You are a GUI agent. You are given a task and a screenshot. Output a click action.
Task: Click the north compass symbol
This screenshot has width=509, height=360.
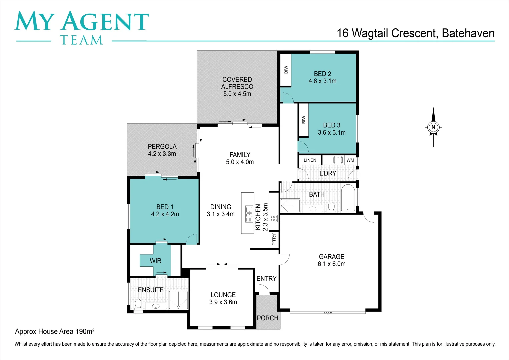coord(433,127)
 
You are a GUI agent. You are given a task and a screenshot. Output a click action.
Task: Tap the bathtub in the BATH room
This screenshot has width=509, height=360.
coord(348,198)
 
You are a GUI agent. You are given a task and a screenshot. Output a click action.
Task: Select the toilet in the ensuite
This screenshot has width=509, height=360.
coord(138,304)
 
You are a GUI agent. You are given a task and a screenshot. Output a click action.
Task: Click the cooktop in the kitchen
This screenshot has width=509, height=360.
coord(274,218)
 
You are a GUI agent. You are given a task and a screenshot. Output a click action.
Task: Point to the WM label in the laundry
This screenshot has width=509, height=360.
coord(350,160)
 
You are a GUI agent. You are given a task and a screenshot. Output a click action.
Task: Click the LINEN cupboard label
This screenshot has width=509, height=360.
coord(310,160)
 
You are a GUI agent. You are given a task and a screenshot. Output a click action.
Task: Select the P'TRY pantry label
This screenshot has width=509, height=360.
coord(274,239)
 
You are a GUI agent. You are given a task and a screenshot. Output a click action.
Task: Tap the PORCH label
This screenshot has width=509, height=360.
coord(267,318)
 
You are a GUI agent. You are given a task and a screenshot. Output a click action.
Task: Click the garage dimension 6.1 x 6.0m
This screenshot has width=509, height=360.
coord(331,264)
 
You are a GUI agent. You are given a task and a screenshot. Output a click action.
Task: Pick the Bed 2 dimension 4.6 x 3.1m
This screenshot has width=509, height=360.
coord(322,81)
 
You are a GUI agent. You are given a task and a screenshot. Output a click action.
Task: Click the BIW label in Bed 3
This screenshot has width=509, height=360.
coord(303,120)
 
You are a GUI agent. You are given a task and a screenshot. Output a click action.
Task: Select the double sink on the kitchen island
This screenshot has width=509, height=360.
coord(249,214)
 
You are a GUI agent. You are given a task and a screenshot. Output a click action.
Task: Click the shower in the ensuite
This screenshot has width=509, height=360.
coord(178,300)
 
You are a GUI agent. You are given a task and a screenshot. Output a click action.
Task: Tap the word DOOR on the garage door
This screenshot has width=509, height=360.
coord(328,313)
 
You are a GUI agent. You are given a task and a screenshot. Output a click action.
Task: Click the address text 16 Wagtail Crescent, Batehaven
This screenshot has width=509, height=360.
coord(415,33)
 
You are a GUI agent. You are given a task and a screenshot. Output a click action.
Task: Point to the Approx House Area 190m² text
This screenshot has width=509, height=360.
coord(55,331)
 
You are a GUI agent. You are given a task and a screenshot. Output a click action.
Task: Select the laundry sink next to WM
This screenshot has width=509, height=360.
coord(338,160)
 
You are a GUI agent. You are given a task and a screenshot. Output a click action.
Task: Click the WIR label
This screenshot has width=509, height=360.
coord(155,261)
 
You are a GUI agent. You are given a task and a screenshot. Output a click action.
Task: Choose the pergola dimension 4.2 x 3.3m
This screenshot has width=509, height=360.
coord(162,154)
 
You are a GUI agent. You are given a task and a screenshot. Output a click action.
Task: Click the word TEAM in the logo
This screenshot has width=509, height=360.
coord(81,40)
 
